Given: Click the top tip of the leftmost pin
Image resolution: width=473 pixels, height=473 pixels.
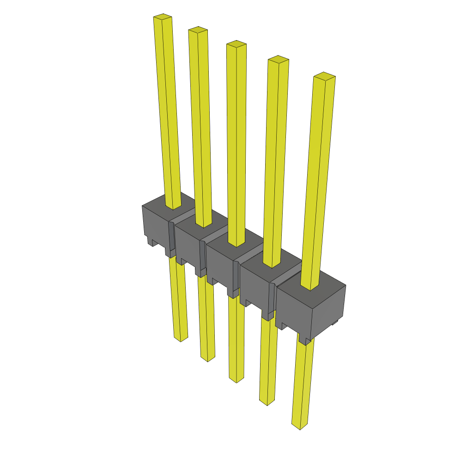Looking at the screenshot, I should pos(163,17).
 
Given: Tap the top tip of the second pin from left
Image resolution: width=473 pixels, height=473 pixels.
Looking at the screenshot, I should pos(198,30).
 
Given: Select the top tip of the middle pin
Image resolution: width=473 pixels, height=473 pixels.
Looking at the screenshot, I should pos(236,44).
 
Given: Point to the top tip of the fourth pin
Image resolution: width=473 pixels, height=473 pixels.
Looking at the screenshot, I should pos(278,59).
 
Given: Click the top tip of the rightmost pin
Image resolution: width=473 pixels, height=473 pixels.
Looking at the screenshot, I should pos(324,76).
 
